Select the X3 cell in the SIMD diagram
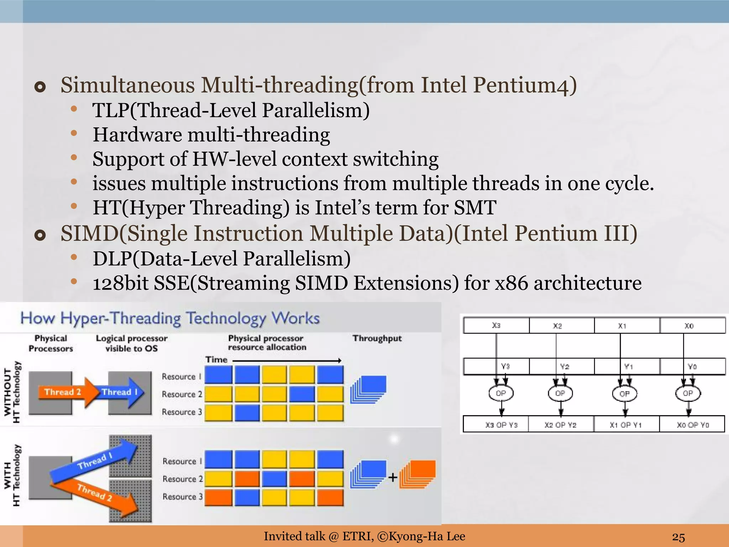coord(496,325)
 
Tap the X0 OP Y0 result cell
coord(692,425)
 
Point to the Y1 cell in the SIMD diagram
coord(628,366)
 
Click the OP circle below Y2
coord(560,394)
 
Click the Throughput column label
coord(377,338)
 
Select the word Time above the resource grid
coord(216,360)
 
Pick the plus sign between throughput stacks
coord(393,478)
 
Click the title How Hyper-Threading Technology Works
coord(170,318)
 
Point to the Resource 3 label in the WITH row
coord(182,496)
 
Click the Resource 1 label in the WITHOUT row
coord(182,376)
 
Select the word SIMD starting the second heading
coord(89,234)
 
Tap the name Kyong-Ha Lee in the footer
coord(427,536)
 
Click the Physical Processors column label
coord(51,343)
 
